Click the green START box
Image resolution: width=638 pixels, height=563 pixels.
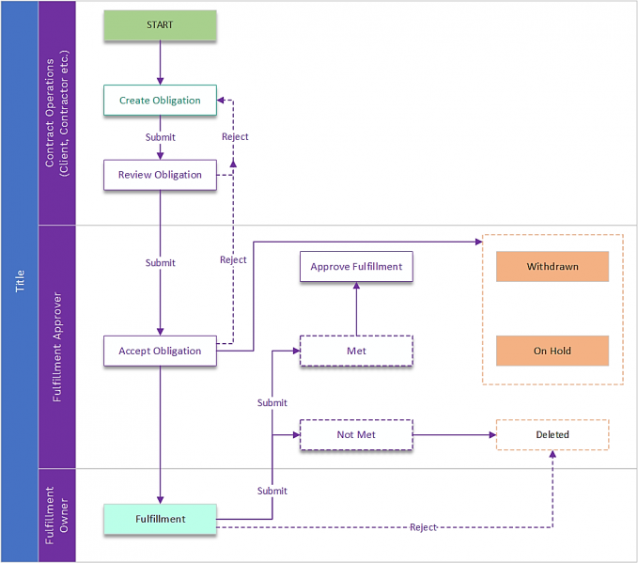pos(160,25)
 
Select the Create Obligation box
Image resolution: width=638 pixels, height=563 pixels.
pos(160,101)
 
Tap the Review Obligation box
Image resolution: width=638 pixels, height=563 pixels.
pos(160,175)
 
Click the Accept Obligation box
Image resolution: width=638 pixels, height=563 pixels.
pos(160,351)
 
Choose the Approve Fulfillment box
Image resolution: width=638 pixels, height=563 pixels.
pos(356,266)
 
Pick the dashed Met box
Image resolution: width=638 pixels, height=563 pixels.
pos(356,351)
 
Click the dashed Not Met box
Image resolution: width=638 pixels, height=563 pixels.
pos(356,434)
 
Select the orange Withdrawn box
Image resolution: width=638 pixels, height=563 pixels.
pos(552,266)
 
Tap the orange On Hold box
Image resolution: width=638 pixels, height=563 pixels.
pos(552,351)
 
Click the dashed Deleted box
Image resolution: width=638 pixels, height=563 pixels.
pos(552,434)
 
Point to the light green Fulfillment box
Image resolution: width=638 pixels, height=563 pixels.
pos(160,519)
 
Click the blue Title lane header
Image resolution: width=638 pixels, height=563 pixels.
pos(20,281)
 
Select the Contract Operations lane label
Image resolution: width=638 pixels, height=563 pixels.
pos(56,113)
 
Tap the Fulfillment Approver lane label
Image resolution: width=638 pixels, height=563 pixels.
pos(56,347)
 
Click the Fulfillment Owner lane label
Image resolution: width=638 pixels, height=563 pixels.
pos(56,515)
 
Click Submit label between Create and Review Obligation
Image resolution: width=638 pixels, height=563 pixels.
pos(160,137)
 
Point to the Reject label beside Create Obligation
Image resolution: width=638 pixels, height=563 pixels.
pos(235,137)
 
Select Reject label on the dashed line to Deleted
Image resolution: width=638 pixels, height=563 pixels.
pos(423,527)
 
